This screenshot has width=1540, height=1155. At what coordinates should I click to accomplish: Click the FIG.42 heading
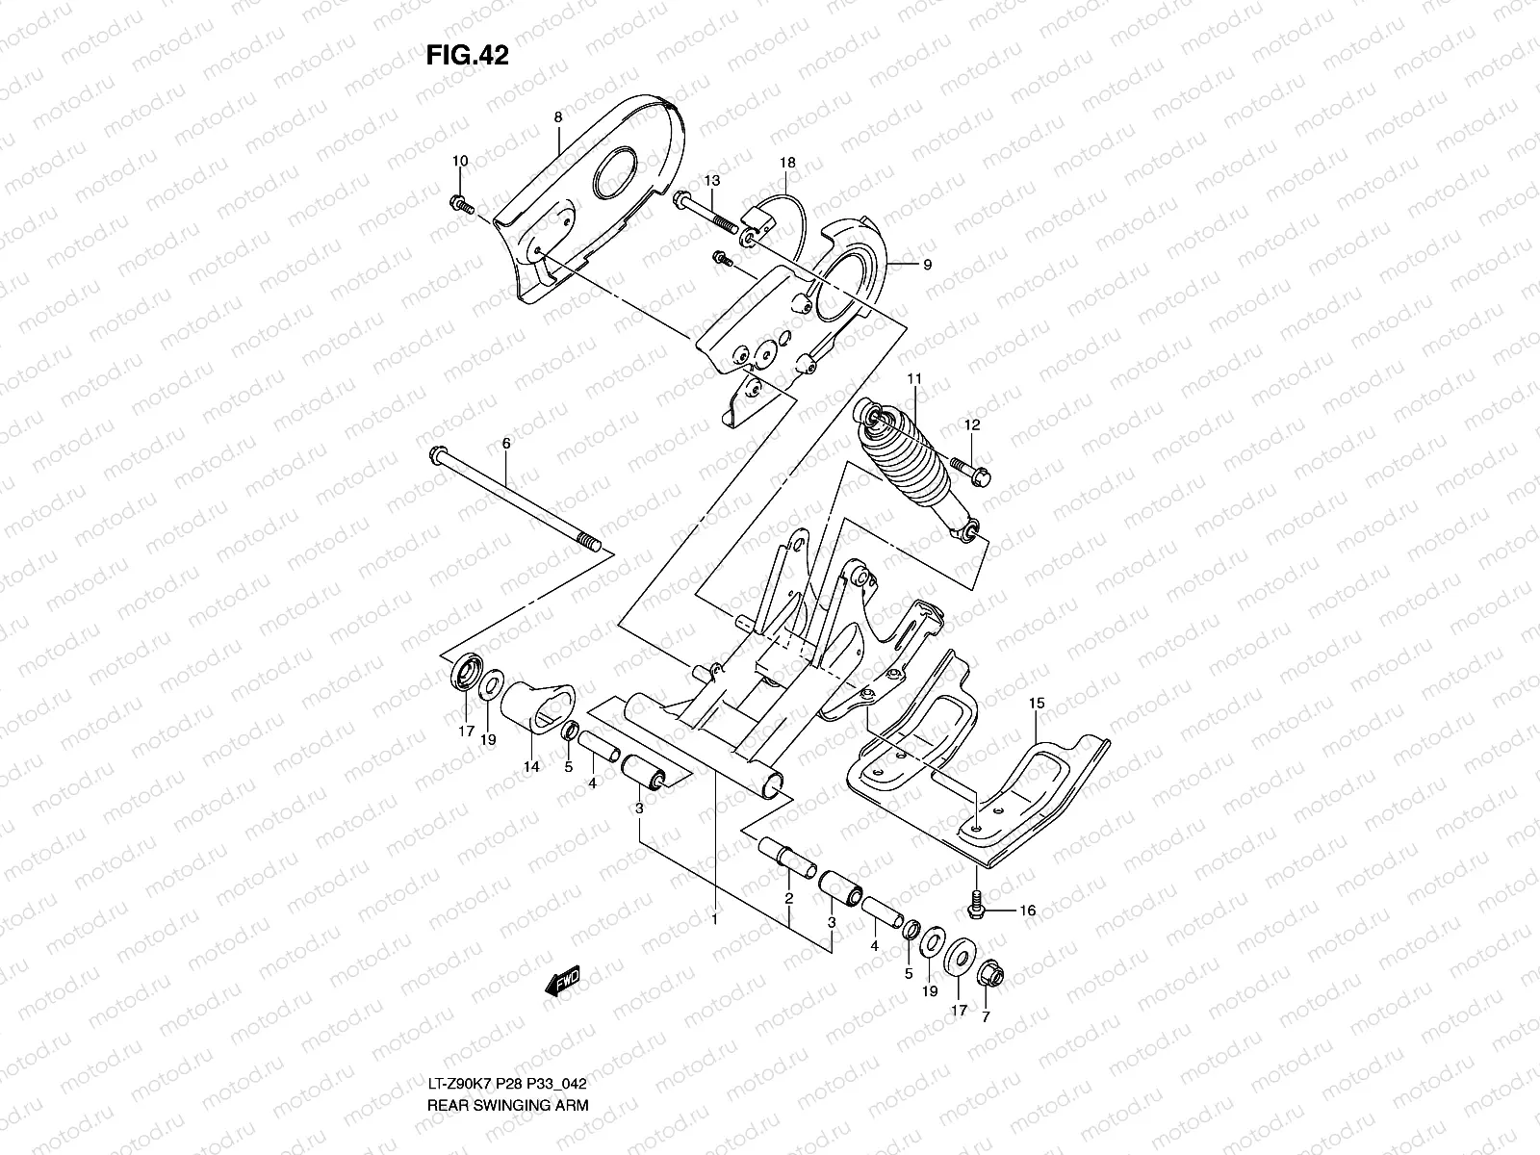[467, 56]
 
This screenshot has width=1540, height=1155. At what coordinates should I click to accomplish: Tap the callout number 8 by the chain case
[557, 117]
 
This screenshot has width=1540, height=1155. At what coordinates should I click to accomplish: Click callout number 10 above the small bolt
[459, 161]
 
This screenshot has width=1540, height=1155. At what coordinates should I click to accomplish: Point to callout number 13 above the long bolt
[711, 181]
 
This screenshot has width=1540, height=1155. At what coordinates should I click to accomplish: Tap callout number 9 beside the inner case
[927, 265]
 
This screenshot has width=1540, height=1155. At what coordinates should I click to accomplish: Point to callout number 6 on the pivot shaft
[506, 443]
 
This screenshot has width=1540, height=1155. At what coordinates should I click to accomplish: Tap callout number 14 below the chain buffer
[531, 767]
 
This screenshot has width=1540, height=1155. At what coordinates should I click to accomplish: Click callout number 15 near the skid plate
[1036, 705]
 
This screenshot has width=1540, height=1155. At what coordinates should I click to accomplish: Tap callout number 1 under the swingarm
[714, 920]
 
